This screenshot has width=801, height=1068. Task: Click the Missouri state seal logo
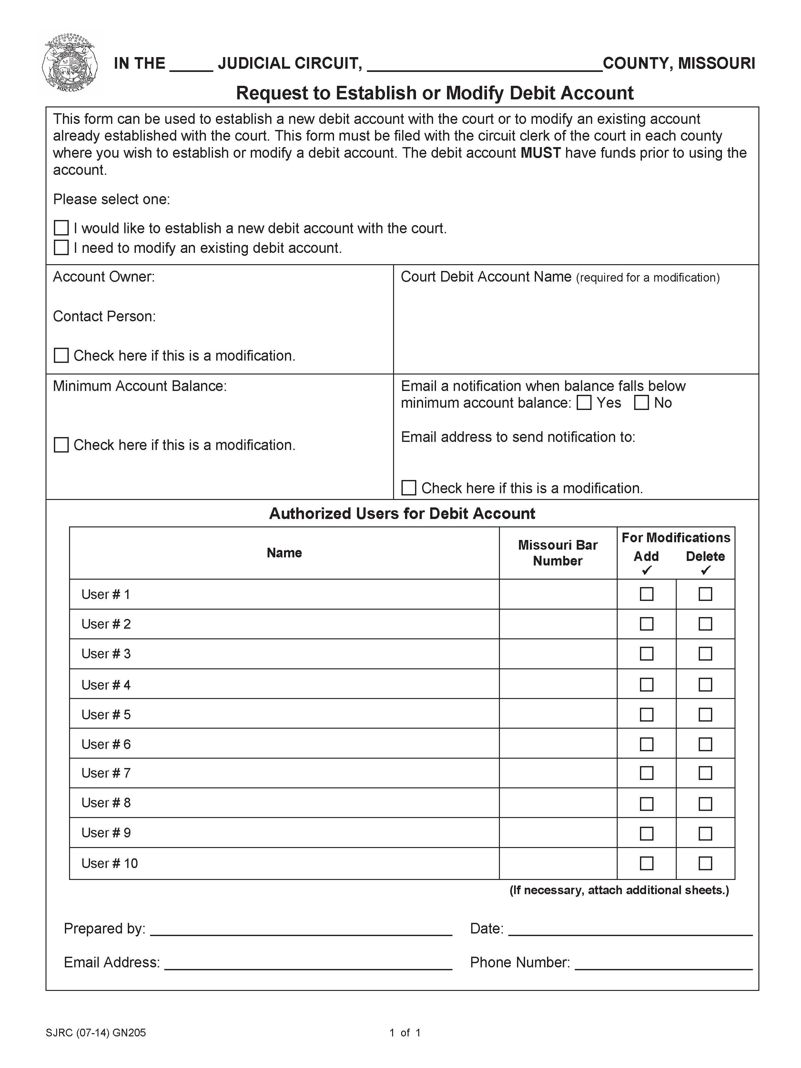(70, 63)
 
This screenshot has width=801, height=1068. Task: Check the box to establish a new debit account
(61, 228)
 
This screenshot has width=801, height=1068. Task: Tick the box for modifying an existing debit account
(61, 248)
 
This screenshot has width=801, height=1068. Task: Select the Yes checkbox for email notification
(584, 403)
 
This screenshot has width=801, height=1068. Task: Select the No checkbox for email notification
(641, 403)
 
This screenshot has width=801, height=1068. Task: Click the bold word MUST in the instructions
(540, 153)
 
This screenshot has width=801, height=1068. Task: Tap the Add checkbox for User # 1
(646, 594)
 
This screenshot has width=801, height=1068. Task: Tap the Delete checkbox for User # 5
(705, 714)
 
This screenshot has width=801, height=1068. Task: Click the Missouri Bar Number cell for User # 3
(558, 654)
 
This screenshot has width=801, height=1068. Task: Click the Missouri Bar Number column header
(558, 553)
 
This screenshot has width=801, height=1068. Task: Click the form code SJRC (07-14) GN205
(96, 1033)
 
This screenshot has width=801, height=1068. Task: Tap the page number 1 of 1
(405, 1033)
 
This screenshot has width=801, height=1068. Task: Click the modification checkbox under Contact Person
(61, 355)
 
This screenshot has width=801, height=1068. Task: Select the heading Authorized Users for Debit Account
(402, 513)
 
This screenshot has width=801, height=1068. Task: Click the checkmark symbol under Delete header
(705, 571)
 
